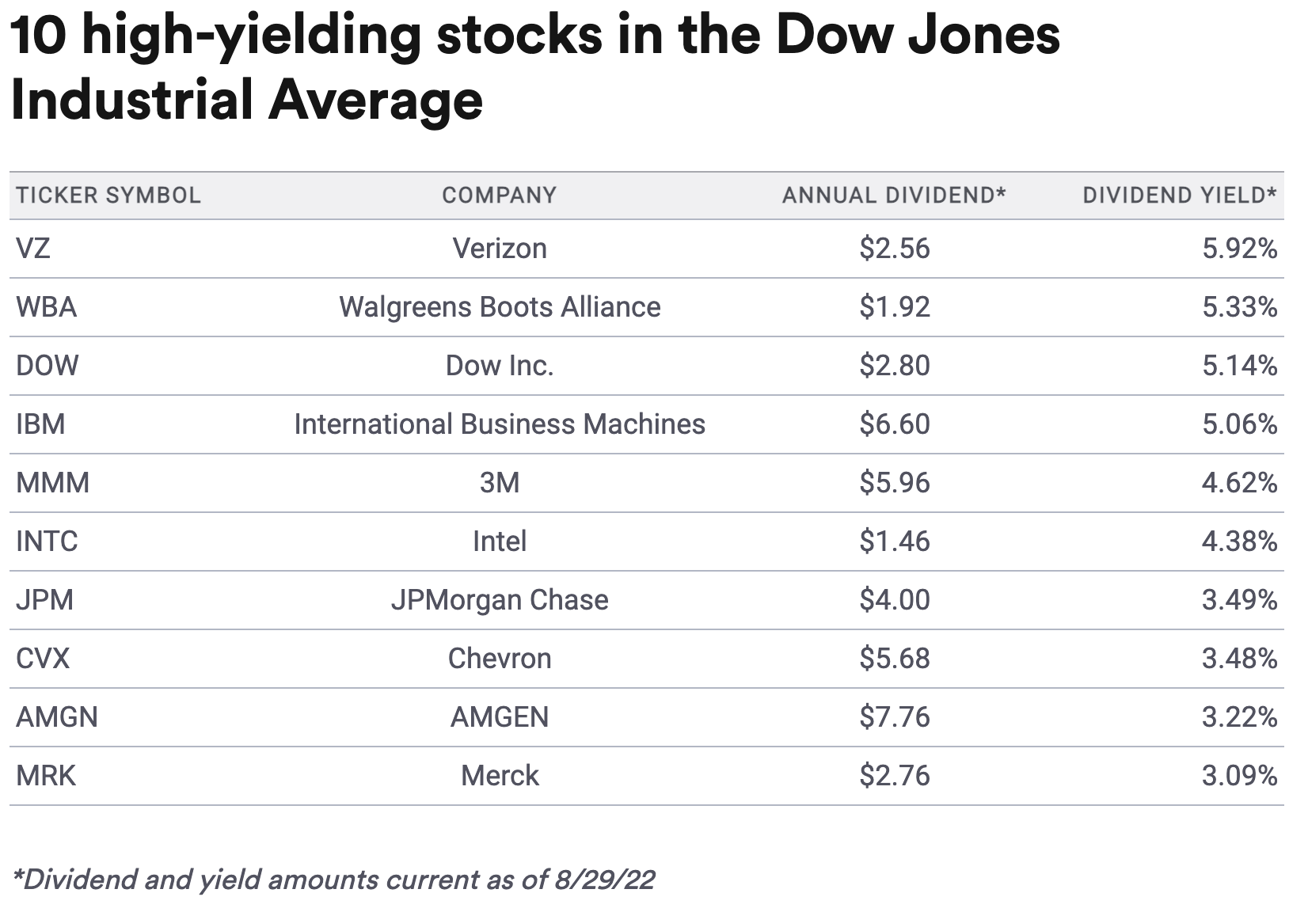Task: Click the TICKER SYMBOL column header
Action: pos(108,196)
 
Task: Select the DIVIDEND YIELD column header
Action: pos(1179,196)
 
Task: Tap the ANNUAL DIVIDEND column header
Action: pos(893,196)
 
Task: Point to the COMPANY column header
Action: pos(499,196)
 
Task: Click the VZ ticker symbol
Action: pos(33,249)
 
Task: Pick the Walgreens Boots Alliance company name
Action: pos(499,307)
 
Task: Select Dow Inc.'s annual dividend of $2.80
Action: pos(895,366)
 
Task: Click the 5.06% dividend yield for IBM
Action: pos(1239,424)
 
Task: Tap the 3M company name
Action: pos(499,483)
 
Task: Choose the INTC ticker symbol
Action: pos(48,541)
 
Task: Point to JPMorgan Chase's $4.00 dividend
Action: pos(895,600)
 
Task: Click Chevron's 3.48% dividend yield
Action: pos(1239,659)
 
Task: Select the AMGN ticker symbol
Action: pos(57,717)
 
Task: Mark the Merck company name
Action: pos(499,776)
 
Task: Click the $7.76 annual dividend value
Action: pos(895,717)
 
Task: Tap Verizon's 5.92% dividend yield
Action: pos(1239,249)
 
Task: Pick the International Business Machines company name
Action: pos(499,424)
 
